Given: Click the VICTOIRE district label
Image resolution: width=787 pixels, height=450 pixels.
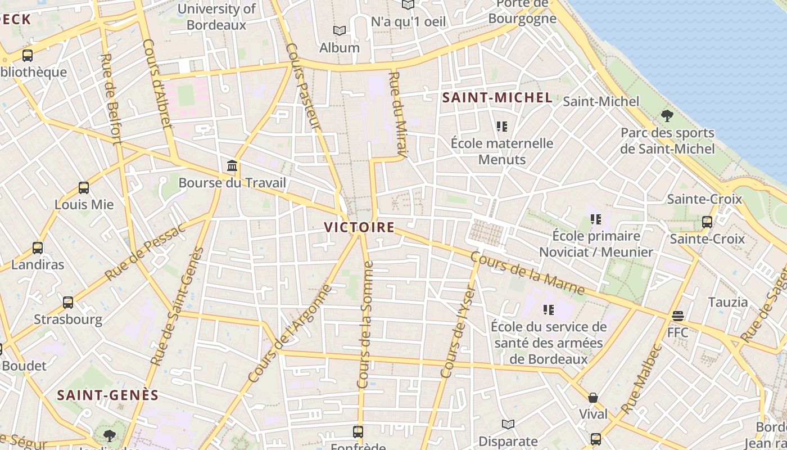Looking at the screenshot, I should (x=359, y=227).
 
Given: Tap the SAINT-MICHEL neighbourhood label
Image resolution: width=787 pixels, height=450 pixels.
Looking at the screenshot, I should (x=497, y=97).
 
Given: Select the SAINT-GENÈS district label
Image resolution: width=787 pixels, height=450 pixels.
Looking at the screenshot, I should (x=108, y=395).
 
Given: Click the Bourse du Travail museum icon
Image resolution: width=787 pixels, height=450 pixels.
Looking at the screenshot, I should (x=232, y=166).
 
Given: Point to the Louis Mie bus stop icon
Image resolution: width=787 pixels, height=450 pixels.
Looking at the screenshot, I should (x=84, y=188).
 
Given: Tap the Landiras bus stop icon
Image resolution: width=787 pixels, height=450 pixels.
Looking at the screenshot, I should (x=38, y=247).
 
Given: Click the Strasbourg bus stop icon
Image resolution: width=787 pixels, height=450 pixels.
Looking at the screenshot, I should (x=68, y=303).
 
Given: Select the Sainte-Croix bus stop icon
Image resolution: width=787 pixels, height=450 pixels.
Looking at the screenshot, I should (x=707, y=222).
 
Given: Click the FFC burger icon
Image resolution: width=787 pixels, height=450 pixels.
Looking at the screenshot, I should (x=678, y=316).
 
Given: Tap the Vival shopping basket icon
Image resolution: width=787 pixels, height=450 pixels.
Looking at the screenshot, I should (x=593, y=398).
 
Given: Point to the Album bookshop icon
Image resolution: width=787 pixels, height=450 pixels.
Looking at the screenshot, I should (x=339, y=30).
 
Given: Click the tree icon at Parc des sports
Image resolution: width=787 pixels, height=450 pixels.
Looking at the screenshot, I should (x=667, y=116).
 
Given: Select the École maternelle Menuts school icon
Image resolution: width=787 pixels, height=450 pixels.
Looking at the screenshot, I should (x=502, y=127).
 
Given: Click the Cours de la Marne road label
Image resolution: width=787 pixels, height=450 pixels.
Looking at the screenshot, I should (x=527, y=273).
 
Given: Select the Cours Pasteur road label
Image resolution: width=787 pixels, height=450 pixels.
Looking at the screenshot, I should (x=302, y=87).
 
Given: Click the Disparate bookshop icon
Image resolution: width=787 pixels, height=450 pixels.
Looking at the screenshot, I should (x=508, y=425).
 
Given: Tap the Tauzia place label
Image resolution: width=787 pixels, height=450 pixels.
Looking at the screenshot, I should (x=728, y=302).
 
